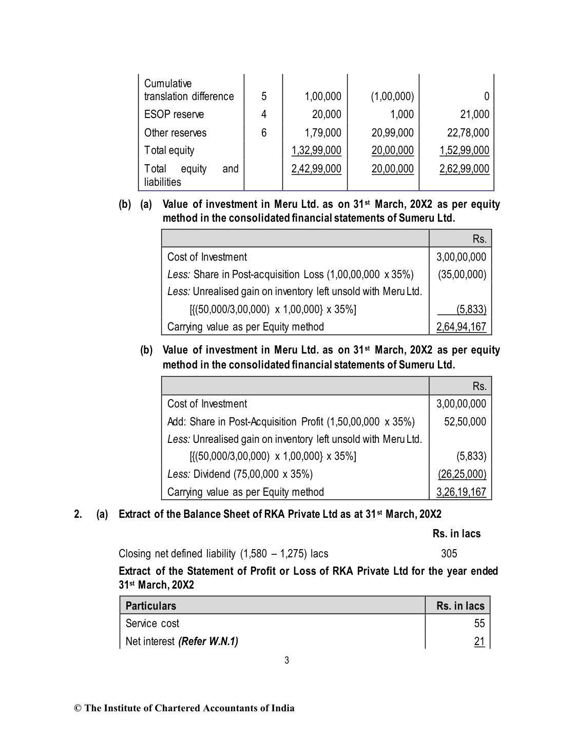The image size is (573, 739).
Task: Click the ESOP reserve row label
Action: point(174,114)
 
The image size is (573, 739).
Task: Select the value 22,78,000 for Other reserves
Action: point(468,133)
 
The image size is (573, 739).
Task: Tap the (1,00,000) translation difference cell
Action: point(392,96)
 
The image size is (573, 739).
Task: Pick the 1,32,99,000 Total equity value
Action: point(316,150)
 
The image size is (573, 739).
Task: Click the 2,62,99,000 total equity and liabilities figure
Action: point(464,169)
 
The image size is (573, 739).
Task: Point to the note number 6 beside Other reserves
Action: point(264,133)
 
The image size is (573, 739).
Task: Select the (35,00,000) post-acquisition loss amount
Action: point(462,275)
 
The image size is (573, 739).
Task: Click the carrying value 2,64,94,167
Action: point(461,327)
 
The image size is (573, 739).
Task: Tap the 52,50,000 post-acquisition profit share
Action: point(465,422)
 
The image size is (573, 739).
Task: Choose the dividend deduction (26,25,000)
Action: point(462,474)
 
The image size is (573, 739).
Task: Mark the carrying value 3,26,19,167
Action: point(461,492)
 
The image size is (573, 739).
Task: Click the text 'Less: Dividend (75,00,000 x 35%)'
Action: point(240,474)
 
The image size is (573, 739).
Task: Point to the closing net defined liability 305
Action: point(449,554)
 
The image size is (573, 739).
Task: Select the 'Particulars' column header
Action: point(150,606)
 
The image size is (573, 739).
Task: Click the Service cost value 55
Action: point(479,624)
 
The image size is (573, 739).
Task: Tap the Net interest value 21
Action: point(479,641)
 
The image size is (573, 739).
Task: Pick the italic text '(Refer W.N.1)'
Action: point(208,641)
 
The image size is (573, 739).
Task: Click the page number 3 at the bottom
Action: point(286,660)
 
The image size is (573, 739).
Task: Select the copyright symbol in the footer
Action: point(78,709)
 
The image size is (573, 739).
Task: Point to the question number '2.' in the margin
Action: point(78,514)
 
